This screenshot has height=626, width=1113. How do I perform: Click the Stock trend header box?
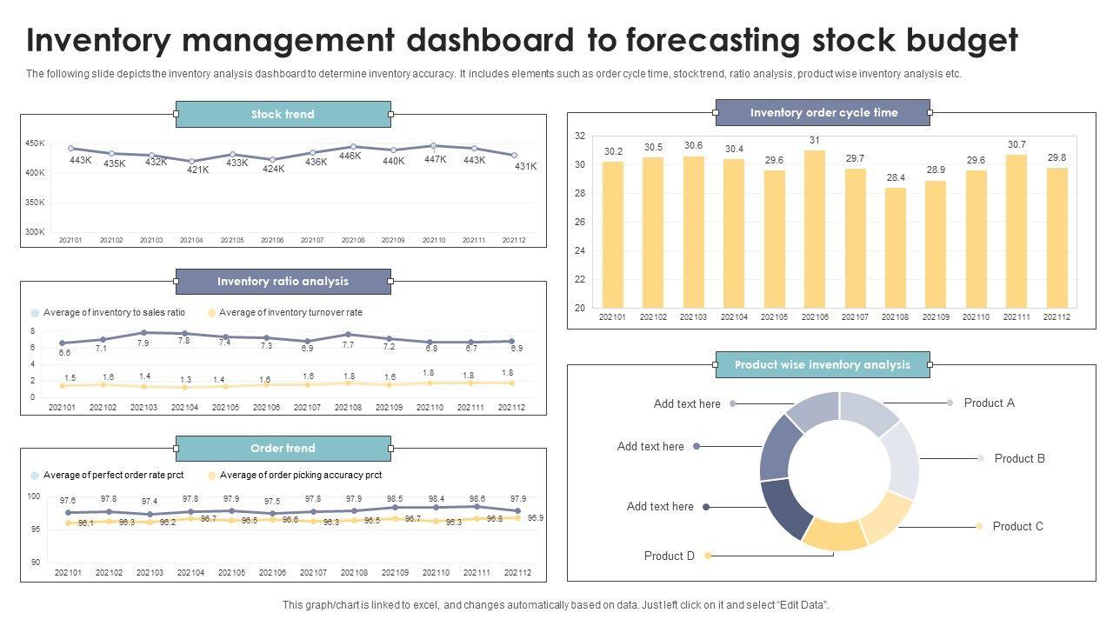tap(283, 114)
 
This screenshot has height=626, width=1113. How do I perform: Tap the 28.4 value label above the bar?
tap(896, 177)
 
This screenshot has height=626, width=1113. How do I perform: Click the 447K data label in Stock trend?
tap(435, 159)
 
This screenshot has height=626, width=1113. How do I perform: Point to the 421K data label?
tap(197, 170)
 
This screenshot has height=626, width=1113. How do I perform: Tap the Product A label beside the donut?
tap(989, 403)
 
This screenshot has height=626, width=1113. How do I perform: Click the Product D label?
tap(669, 556)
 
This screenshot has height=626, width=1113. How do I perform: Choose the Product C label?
tap(1017, 526)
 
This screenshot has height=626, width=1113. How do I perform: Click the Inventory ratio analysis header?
tap(283, 281)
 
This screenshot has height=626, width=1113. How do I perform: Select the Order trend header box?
tap(283, 448)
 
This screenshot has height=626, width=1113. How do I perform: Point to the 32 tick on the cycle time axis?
tap(580, 137)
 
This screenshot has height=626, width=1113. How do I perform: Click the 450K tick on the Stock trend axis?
tap(35, 143)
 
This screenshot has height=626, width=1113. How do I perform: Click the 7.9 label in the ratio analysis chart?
tap(143, 343)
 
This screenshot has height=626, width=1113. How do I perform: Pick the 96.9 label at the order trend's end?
tap(535, 517)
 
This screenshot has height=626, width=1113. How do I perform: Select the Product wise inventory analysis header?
tap(822, 364)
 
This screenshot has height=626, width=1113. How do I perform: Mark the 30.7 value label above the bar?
tap(1016, 144)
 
